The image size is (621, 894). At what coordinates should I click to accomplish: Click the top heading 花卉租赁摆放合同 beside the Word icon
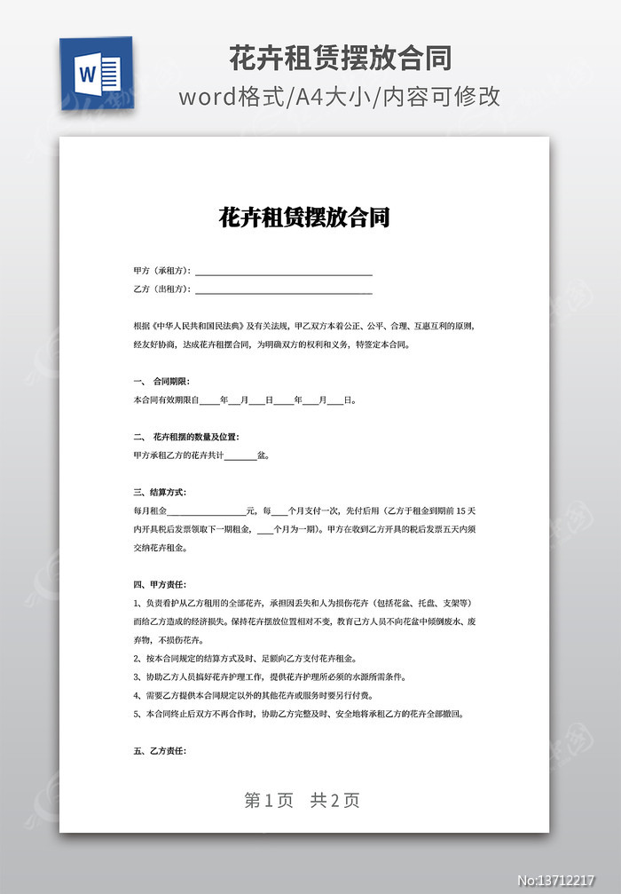341,59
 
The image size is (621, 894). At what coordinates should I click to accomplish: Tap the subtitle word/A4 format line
341,97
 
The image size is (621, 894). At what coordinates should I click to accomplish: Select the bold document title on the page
304,218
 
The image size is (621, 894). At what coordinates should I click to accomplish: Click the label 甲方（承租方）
162,270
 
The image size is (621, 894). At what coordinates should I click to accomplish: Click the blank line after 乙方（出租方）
283,289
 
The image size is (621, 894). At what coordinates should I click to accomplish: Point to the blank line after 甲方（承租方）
283,271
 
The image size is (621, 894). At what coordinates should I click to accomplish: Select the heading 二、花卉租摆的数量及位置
185,437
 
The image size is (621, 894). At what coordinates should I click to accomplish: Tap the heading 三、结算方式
160,492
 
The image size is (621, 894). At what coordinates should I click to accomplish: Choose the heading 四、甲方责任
160,584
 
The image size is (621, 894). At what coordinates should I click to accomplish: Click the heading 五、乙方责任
160,750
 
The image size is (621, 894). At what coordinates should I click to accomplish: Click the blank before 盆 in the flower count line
241,456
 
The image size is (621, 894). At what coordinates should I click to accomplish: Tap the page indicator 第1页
269,800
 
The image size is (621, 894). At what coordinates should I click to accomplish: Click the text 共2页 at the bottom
335,800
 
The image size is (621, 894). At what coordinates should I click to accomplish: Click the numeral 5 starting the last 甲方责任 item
135,713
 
